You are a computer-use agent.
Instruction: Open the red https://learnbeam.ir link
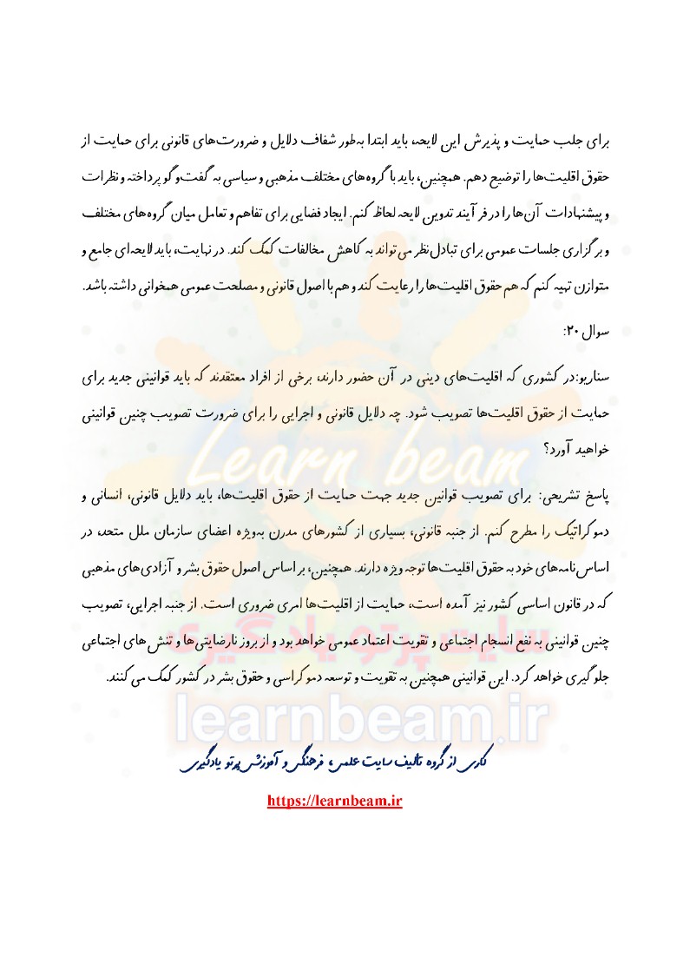coord(336,802)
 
